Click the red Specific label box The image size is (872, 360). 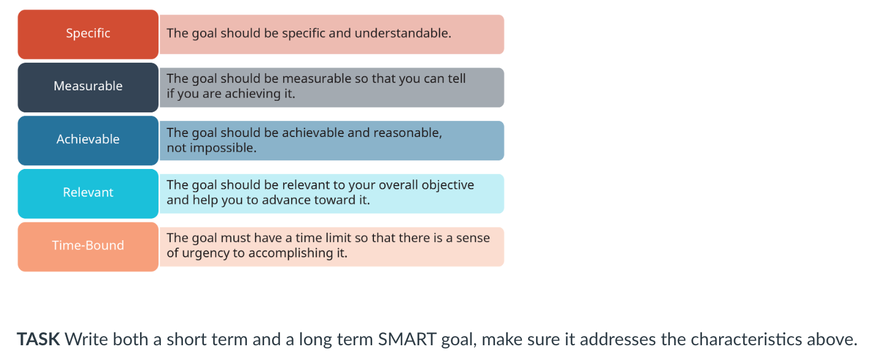tap(88, 34)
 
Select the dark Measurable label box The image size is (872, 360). tap(88, 87)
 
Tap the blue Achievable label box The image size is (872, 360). tap(88, 139)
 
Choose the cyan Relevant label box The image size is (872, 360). tap(88, 193)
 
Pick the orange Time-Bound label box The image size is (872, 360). tap(88, 246)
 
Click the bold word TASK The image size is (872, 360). tap(38, 339)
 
